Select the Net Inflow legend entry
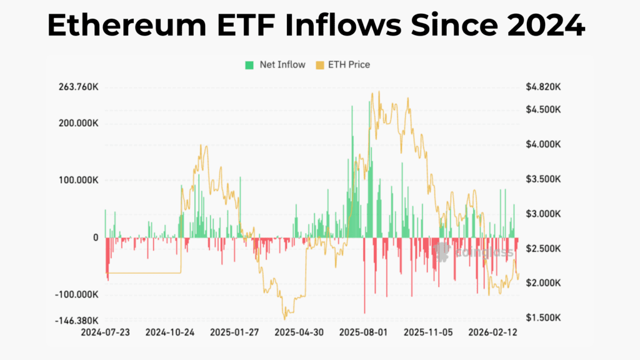click(x=275, y=64)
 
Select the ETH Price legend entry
click(x=343, y=64)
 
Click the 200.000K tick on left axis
click(x=77, y=123)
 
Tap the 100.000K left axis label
click(x=77, y=180)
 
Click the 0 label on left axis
click(x=96, y=237)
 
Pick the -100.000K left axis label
click(x=76, y=294)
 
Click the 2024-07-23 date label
click(x=105, y=332)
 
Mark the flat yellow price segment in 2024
click(x=144, y=272)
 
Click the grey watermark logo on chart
click(x=441, y=252)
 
